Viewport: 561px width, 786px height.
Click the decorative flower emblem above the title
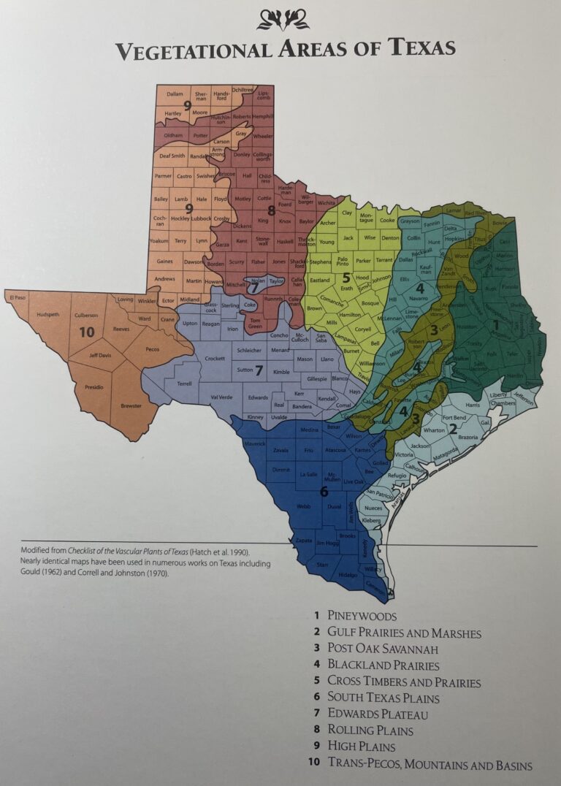pos(283,20)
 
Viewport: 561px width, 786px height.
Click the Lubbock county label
pos(201,218)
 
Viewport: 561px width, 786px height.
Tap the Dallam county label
pos(174,94)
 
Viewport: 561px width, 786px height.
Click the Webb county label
pos(304,505)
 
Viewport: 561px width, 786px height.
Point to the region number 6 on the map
pos(324,492)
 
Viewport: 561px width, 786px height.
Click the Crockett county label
pos(214,359)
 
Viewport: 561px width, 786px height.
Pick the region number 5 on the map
pos(346,278)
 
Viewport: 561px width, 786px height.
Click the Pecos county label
pos(152,349)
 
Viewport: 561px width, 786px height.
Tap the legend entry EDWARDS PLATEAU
pos(377,714)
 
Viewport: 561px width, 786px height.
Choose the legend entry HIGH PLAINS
pos(361,747)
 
